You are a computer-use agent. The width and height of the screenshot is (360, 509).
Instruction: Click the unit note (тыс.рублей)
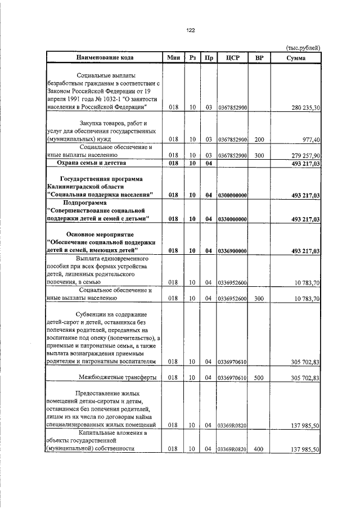coord(303,48)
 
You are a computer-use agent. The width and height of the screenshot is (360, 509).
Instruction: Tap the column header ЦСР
coord(232,57)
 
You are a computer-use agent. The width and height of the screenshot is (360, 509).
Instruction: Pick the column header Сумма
coord(296,57)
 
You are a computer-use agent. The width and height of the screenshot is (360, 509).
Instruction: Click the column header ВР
coord(259,57)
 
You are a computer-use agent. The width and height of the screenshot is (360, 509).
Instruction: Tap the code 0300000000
coord(232,195)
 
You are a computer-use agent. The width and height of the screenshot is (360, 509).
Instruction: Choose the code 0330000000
coord(232,219)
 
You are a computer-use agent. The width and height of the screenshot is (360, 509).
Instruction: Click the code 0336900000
coord(232,251)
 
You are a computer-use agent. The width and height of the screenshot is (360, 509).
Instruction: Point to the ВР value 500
coord(259,377)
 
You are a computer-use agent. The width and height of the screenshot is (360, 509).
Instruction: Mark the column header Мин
coord(173,57)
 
